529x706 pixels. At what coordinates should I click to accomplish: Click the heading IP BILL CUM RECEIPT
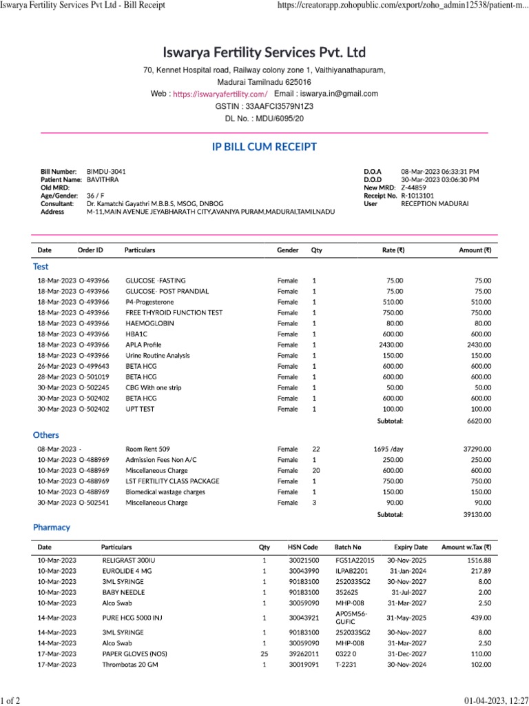click(264, 147)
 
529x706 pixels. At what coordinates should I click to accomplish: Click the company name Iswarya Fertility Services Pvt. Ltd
click(264, 53)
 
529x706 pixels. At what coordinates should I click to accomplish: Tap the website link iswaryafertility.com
click(220, 94)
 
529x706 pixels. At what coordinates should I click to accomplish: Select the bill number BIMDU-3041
click(106, 171)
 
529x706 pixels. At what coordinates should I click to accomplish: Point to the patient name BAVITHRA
click(103, 179)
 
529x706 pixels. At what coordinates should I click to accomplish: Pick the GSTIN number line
click(264, 107)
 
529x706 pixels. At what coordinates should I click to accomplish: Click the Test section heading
click(41, 266)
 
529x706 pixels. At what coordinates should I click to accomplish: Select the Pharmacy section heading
click(52, 527)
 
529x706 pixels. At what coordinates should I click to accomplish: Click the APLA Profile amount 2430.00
click(479, 345)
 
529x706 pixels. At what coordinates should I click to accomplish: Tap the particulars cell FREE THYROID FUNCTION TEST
click(174, 312)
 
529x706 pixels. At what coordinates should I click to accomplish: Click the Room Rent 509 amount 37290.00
click(477, 449)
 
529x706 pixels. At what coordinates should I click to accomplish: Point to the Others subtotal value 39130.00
click(477, 514)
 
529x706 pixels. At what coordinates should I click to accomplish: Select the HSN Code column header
click(303, 547)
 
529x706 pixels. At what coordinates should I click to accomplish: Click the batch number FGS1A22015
click(355, 561)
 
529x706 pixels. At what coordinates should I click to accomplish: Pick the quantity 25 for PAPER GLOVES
click(264, 654)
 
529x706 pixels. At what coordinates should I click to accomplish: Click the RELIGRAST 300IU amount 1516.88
click(478, 561)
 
